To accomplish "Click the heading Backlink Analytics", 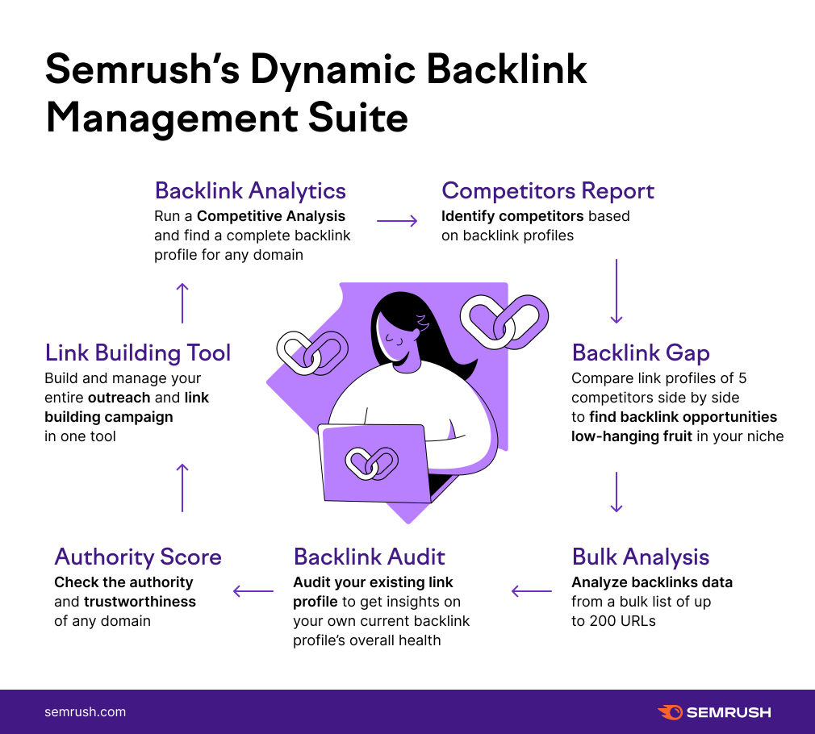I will [x=250, y=191].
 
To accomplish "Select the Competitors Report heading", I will [x=547, y=191].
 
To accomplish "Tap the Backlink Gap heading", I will [x=641, y=352].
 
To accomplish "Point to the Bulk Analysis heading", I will [x=641, y=557].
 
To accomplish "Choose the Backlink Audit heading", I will [x=369, y=557].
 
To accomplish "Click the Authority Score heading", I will [x=137, y=557].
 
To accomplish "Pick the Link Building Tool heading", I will [x=138, y=352].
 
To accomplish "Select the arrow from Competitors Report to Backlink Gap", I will [x=616, y=291].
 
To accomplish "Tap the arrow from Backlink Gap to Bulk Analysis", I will [x=616, y=492].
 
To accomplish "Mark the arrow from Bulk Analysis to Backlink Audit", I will [x=532, y=592].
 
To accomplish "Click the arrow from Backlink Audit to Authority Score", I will [x=253, y=592].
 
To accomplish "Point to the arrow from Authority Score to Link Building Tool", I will [x=182, y=487].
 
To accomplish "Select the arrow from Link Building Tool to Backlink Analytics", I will [x=182, y=302].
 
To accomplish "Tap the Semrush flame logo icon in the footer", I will [x=670, y=712].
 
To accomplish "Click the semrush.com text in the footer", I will [x=85, y=712].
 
